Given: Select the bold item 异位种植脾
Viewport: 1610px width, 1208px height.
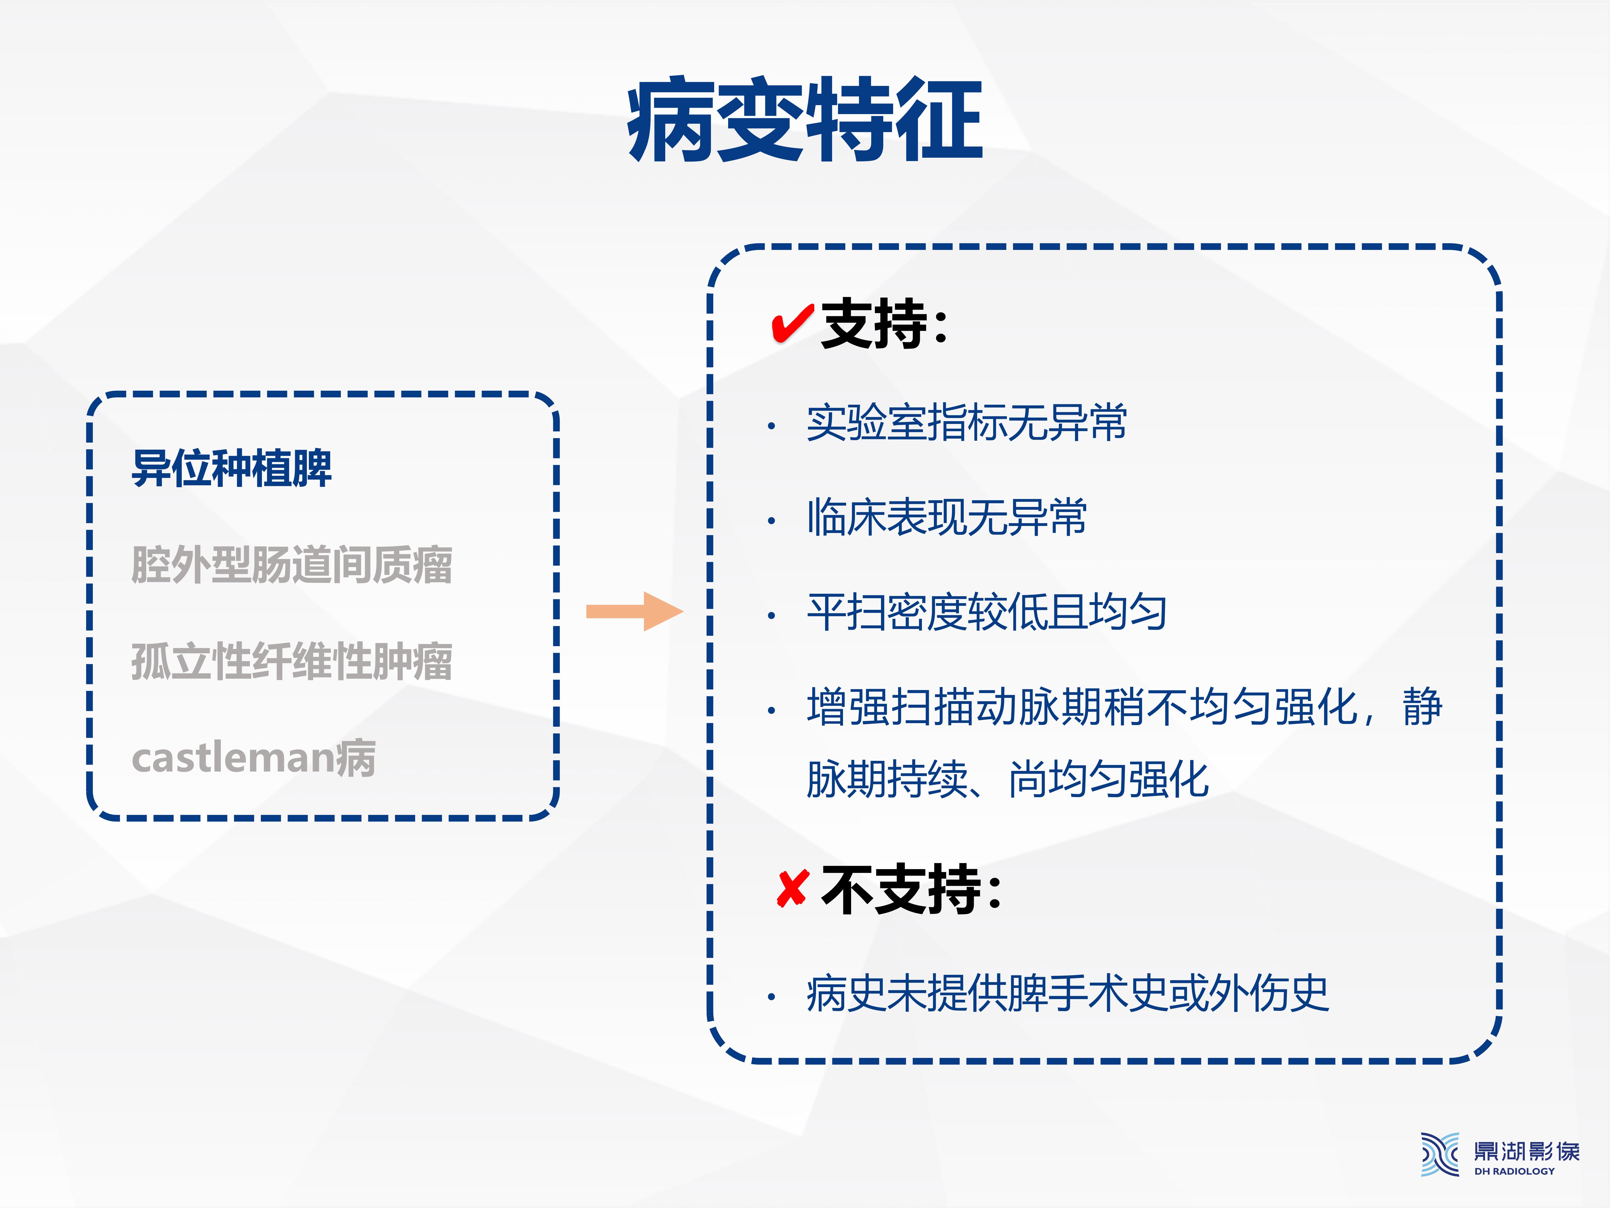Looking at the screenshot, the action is point(231,468).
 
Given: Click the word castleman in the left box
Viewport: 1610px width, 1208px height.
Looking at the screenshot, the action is point(233,758).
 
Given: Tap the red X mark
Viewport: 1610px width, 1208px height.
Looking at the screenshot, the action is point(792,889).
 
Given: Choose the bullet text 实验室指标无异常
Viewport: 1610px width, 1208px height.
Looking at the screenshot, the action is point(967,422).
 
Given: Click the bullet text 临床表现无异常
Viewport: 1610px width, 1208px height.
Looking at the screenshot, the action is point(946,517).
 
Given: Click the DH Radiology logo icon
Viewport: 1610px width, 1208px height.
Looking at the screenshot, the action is point(1440,1154).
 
